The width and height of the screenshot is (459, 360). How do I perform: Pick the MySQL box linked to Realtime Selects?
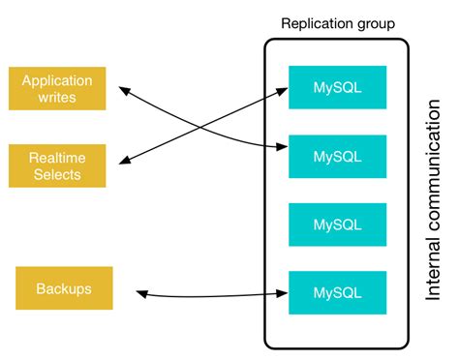337,87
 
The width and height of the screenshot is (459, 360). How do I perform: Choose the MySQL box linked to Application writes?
337,156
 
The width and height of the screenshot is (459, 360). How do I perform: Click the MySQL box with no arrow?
337,225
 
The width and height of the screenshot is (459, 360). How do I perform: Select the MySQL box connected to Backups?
337,292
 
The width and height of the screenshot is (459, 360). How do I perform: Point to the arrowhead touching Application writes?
125,91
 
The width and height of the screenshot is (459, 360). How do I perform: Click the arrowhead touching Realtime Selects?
127,160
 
